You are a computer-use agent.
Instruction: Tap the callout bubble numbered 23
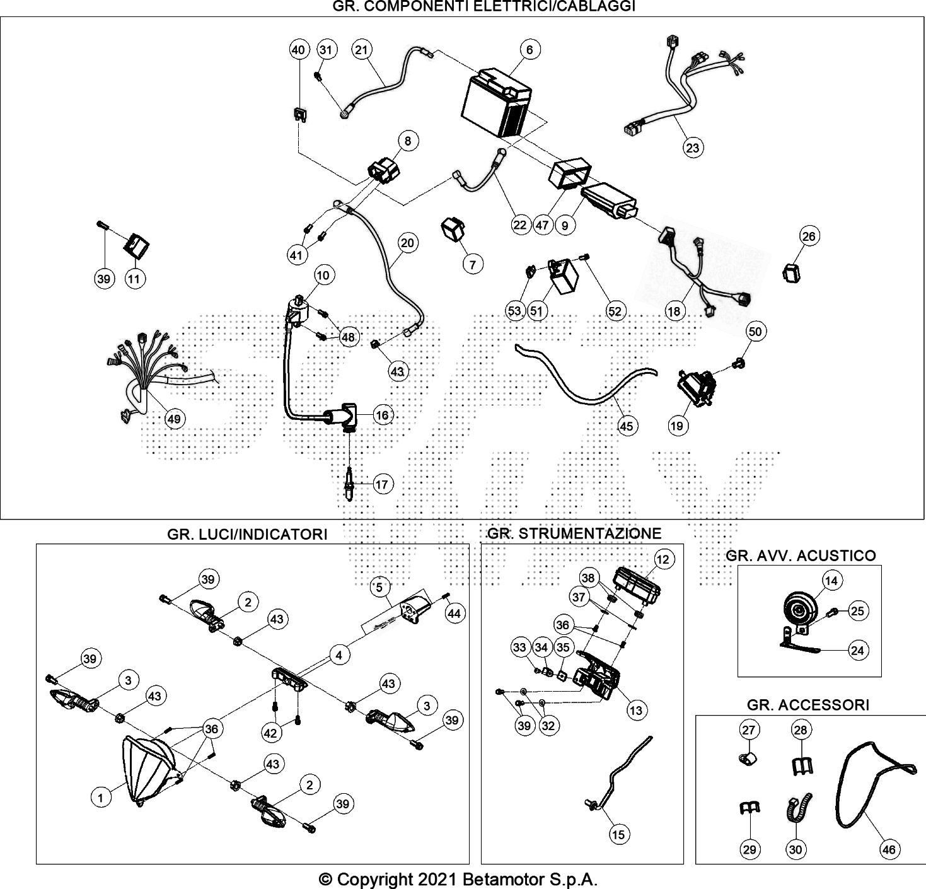693,148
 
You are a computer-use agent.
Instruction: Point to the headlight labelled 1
148,771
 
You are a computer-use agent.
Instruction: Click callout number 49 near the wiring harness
173,419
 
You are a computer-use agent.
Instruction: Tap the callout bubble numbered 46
888,850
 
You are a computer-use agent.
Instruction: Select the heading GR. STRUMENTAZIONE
574,533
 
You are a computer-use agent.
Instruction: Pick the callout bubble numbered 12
663,559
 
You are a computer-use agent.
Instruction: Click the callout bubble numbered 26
809,236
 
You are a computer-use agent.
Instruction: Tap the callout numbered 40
299,50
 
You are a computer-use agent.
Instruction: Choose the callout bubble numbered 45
626,426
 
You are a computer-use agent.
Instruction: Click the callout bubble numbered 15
619,835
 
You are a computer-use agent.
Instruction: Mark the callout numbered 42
270,733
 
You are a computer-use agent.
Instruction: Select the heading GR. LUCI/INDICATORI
247,535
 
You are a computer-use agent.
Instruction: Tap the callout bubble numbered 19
676,426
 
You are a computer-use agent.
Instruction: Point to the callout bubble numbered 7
473,264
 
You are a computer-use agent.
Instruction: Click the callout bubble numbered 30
796,850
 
